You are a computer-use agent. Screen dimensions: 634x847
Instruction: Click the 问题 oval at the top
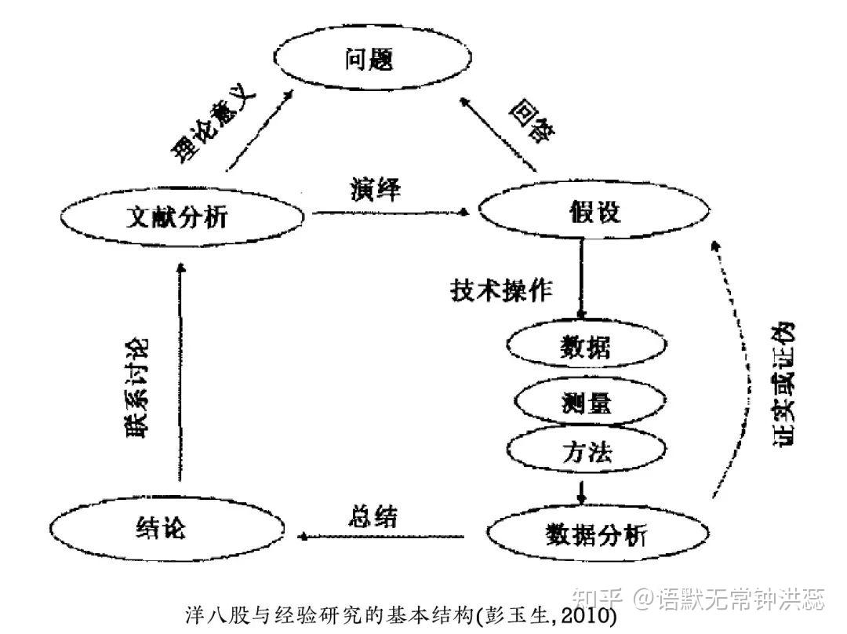(367, 60)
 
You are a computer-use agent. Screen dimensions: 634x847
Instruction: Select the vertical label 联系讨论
(134, 389)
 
